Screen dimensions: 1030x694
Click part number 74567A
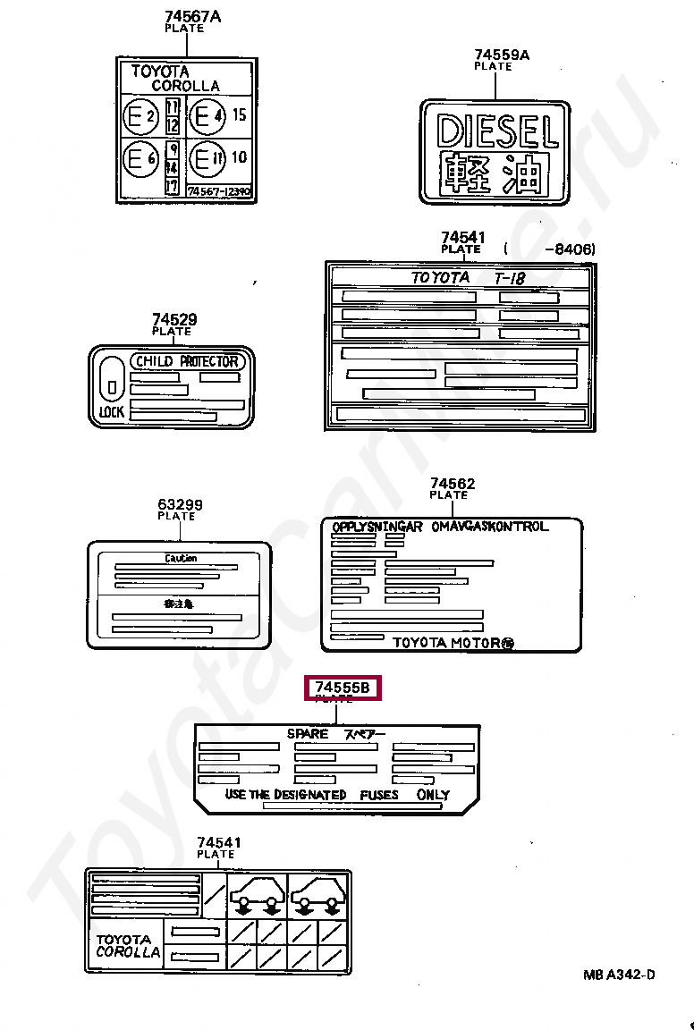click(x=192, y=16)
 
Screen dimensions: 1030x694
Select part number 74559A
click(x=502, y=55)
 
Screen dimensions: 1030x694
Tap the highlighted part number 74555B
click(x=343, y=688)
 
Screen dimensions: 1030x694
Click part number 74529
click(x=174, y=319)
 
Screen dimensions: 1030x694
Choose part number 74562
click(x=453, y=484)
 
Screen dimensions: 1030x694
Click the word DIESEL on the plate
click(x=497, y=132)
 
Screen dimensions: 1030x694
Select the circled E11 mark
click(x=207, y=159)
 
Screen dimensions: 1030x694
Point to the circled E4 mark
click(x=207, y=116)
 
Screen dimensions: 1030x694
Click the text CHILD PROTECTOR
click(x=187, y=361)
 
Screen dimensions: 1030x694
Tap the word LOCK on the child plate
click(x=112, y=412)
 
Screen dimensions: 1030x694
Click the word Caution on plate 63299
click(x=181, y=558)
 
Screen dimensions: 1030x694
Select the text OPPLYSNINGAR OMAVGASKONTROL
click(x=439, y=527)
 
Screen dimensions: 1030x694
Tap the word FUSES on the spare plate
click(x=379, y=795)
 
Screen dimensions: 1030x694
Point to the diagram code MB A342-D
click(x=619, y=974)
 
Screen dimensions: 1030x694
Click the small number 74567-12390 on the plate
click(x=219, y=190)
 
